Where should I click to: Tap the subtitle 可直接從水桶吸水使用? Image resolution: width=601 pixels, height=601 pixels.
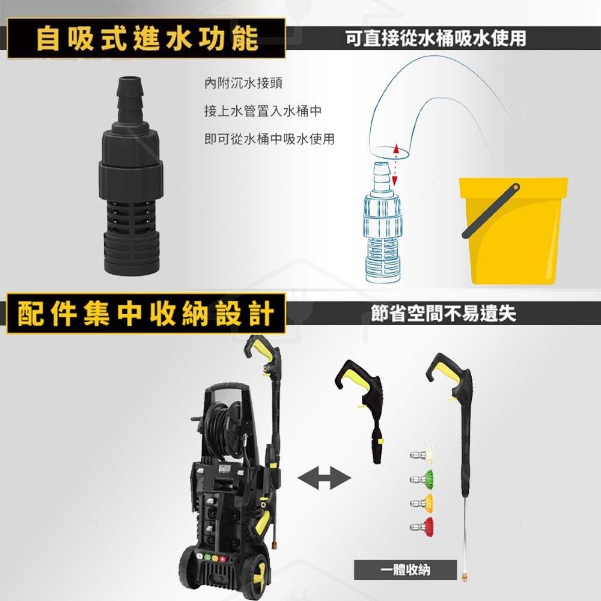point(436,38)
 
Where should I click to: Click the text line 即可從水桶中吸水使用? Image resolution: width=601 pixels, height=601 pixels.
point(269,139)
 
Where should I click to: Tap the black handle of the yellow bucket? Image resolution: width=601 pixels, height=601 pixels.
point(490,210)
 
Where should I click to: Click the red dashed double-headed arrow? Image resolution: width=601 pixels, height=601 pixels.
point(395,165)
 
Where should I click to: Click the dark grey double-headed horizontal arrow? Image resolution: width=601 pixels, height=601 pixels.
point(325,480)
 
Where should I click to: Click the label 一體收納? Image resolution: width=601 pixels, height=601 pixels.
point(405,569)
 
